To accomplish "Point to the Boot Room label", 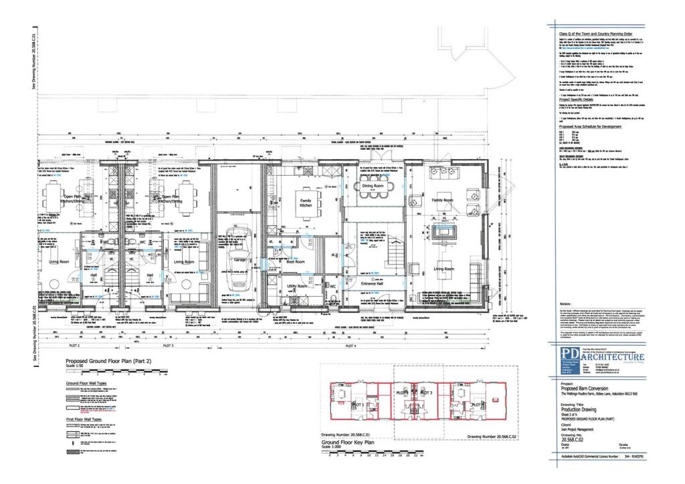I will [296, 262].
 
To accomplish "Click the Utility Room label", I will [296, 286].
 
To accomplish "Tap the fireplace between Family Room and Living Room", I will [442, 233].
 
